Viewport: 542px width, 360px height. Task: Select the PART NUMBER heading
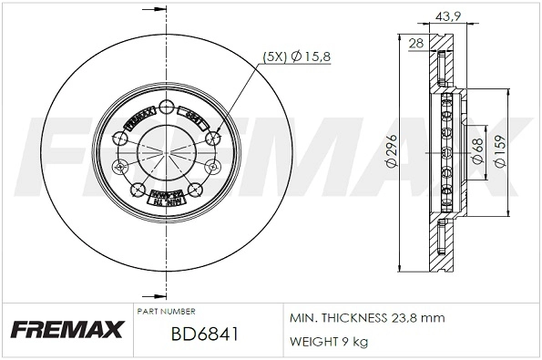click(x=165, y=312)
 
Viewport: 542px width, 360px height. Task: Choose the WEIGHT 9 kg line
click(x=330, y=342)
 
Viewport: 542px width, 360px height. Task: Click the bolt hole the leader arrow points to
click(x=214, y=138)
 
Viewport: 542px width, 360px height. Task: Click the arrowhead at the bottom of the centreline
click(x=168, y=293)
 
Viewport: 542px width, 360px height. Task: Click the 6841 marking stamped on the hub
click(x=194, y=118)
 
